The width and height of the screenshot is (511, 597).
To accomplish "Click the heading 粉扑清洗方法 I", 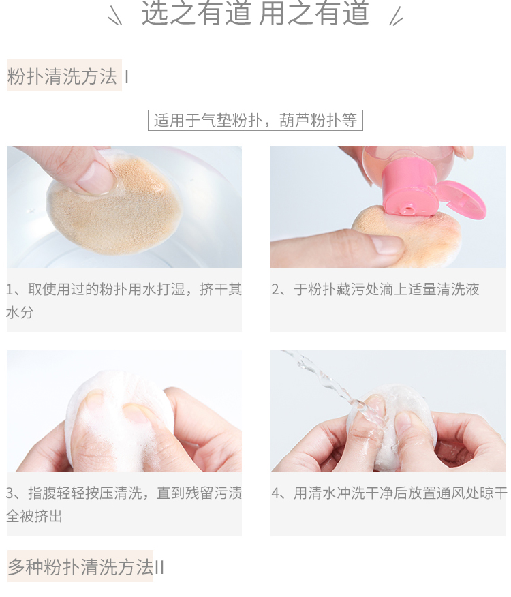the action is pyautogui.click(x=67, y=76).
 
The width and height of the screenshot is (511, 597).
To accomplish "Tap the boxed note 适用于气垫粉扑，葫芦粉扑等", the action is pyautogui.click(x=255, y=121).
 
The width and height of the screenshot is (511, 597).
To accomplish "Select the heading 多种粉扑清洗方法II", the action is pyautogui.click(x=86, y=567).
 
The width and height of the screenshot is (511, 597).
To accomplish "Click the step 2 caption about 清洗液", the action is pyautogui.click(x=375, y=290).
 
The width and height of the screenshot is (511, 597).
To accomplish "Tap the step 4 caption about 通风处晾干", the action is pyautogui.click(x=389, y=493).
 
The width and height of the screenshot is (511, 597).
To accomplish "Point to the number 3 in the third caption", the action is pyautogui.click(x=10, y=493).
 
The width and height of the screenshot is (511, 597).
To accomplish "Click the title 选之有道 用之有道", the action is pyautogui.click(x=255, y=14).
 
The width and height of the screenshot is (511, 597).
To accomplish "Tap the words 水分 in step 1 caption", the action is pyautogui.click(x=20, y=313).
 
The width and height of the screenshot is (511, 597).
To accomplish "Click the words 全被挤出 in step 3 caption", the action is pyautogui.click(x=34, y=517).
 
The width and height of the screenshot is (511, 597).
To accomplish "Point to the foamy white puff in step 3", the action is pyautogui.click(x=118, y=419).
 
